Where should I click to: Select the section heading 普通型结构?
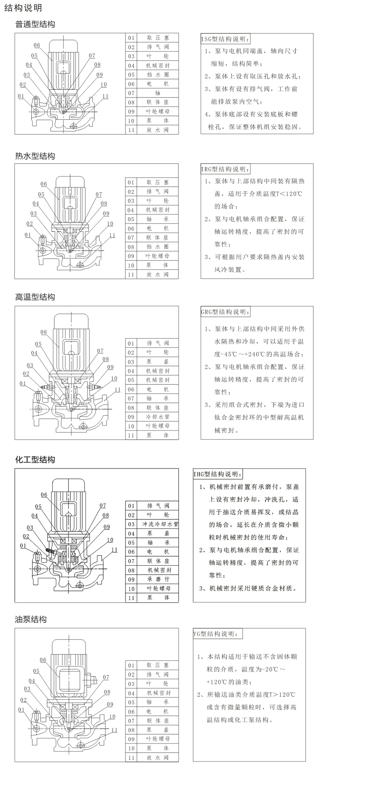pyautogui.click(x=35, y=24)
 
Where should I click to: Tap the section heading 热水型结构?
pyautogui.click(x=35, y=156)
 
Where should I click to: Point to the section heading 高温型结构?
pyautogui.click(x=35, y=297)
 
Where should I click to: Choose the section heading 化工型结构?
pyautogui.click(x=35, y=460)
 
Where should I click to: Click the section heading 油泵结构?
pyautogui.click(x=31, y=620)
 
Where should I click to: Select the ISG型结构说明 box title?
pyautogui.click(x=225, y=39)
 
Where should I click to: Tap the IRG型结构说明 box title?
pyautogui.click(x=225, y=169)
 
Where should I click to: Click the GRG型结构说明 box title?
pyautogui.click(x=225, y=312)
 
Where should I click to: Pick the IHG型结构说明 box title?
pyautogui.click(x=218, y=474)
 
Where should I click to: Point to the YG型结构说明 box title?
pyautogui.click(x=217, y=634)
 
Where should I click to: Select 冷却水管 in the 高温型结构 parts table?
pyautogui.click(x=158, y=417)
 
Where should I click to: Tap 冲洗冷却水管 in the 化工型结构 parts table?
pyautogui.click(x=160, y=524)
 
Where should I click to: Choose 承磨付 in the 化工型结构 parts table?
pyautogui.click(x=158, y=579)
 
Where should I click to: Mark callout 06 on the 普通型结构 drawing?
pyautogui.click(x=37, y=45)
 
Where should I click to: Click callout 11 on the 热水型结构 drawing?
pyautogui.click(x=112, y=235)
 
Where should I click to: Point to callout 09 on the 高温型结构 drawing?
pyautogui.click(x=110, y=367)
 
